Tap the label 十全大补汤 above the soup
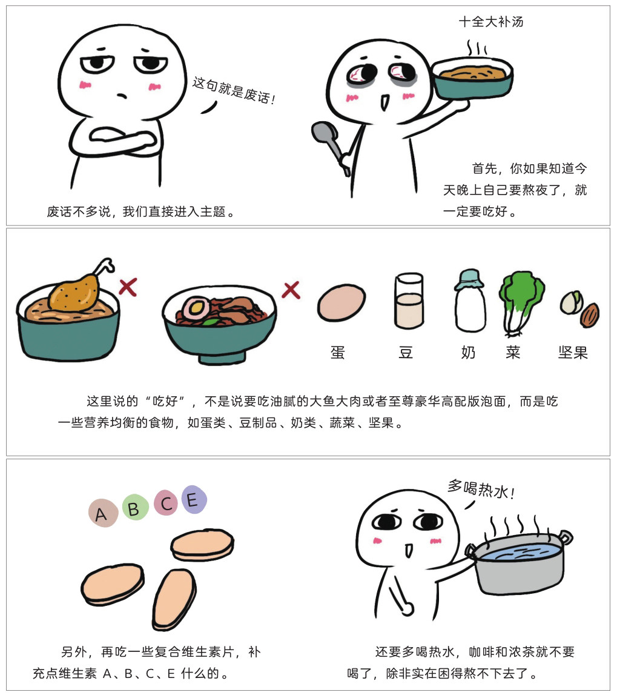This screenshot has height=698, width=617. [x=490, y=21]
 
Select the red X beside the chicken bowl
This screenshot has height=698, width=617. [x=128, y=287]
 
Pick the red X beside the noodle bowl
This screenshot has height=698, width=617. [x=291, y=290]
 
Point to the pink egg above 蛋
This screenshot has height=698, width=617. [x=341, y=303]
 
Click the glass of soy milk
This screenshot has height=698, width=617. [x=409, y=301]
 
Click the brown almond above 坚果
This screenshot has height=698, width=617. [x=590, y=314]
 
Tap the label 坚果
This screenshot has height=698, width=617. [x=573, y=353]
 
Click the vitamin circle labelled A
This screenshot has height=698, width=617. [x=103, y=513]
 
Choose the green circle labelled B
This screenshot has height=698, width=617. [x=134, y=508]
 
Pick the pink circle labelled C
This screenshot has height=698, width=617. [x=166, y=502]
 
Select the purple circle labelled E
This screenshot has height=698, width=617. [x=194, y=499]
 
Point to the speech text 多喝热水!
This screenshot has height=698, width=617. [x=481, y=489]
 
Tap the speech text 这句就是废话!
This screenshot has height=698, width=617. [x=234, y=90]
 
